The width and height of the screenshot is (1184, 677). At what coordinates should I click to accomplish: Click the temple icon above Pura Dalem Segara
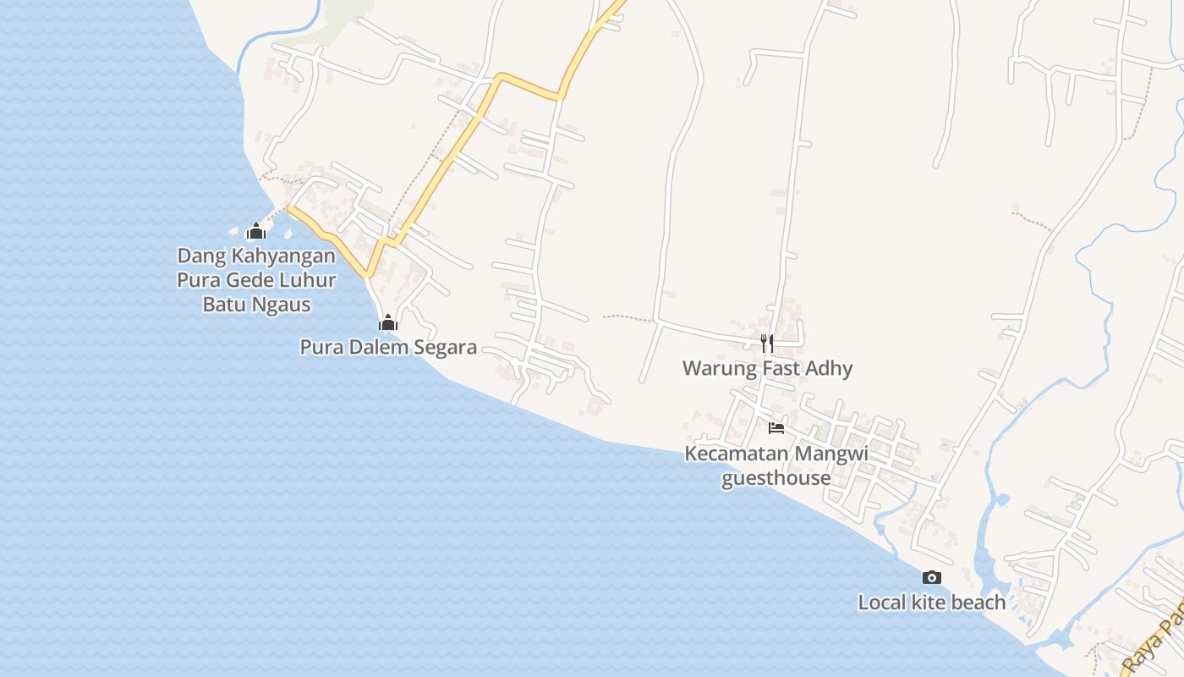click(388, 322)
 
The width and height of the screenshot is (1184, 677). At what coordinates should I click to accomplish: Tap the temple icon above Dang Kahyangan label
click(256, 231)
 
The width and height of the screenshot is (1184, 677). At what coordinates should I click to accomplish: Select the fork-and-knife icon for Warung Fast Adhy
click(767, 343)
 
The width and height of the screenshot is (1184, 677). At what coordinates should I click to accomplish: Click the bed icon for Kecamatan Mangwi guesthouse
click(776, 427)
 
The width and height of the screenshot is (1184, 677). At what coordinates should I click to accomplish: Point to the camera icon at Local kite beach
click(932, 577)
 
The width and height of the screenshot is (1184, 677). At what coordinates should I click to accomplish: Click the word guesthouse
click(776, 478)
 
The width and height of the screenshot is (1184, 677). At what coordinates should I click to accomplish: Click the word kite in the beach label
click(929, 603)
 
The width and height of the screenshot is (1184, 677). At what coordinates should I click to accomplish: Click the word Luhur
click(308, 280)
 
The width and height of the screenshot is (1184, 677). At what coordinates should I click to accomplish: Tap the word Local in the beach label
click(882, 603)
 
